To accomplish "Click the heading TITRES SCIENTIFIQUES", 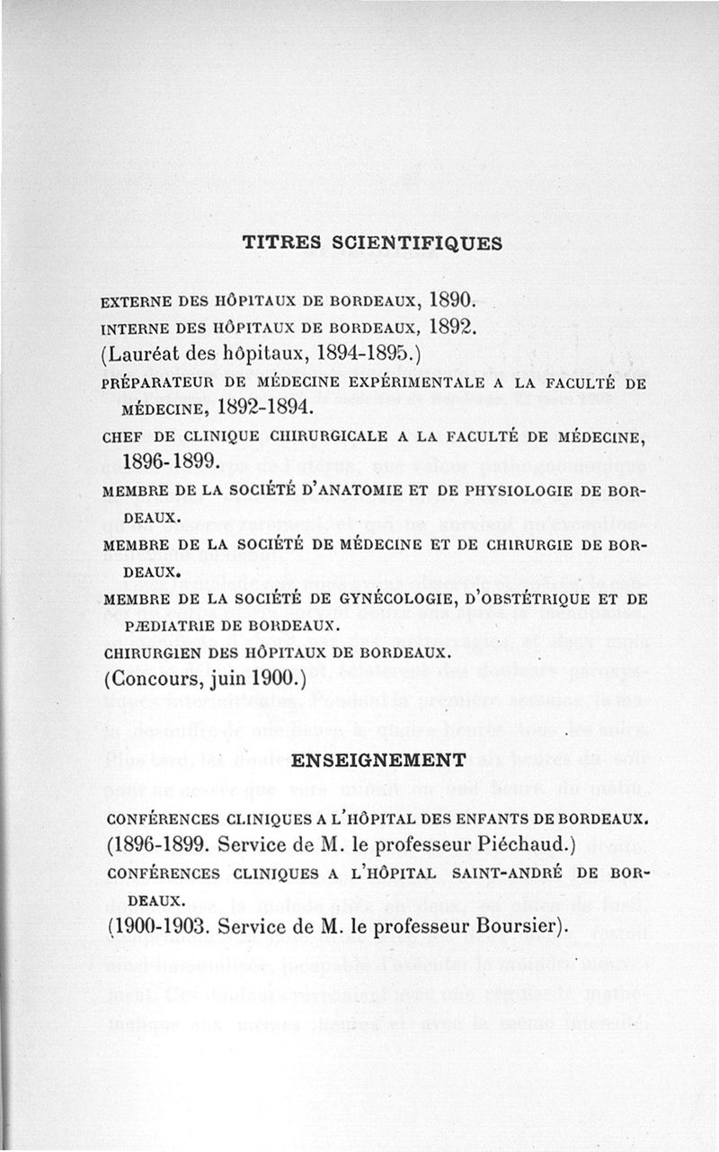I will coord(372,242).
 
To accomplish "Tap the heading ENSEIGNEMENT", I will coord(380,760).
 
